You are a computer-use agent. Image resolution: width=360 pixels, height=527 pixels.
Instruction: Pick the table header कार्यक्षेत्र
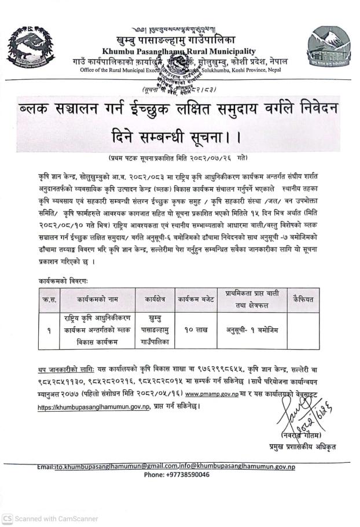pos(155,300)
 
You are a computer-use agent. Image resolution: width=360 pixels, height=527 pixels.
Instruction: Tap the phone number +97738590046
pos(177,474)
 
